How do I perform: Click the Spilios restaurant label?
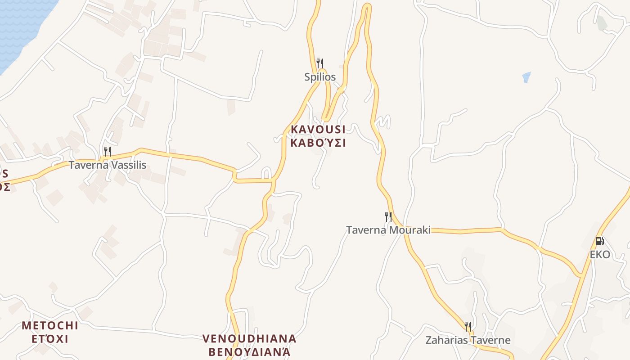(x=320, y=77)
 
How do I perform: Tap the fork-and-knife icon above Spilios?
(x=320, y=63)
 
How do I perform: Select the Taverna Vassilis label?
(x=107, y=165)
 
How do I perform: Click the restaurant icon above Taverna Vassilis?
(x=107, y=152)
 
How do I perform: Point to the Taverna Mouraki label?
(x=388, y=230)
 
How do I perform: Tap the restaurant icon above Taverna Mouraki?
(x=388, y=217)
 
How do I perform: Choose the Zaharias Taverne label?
(x=468, y=340)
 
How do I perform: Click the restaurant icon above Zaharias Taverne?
(x=468, y=327)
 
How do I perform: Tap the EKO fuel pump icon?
(x=599, y=241)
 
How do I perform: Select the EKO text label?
(x=600, y=255)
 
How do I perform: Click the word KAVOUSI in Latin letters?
(x=318, y=130)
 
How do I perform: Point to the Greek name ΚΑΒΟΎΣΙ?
(x=318, y=143)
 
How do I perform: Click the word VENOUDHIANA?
(x=249, y=338)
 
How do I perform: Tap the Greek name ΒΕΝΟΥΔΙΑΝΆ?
(x=249, y=352)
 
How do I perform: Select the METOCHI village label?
(x=50, y=325)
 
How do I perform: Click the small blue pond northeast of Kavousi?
(x=526, y=77)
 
